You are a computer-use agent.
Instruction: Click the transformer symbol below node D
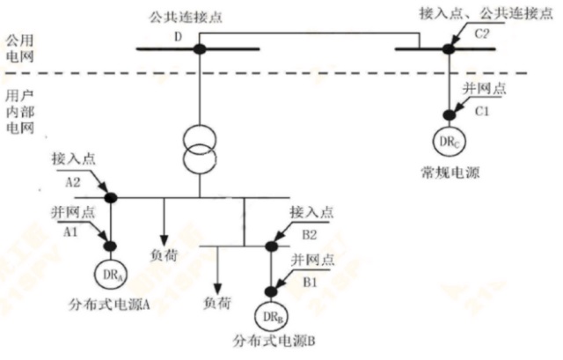coord(200,146)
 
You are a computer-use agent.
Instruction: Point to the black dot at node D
coord(200,48)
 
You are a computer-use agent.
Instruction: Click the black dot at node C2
coord(447,48)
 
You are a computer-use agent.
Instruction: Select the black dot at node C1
coord(447,113)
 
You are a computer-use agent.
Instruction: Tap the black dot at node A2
coord(112,197)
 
